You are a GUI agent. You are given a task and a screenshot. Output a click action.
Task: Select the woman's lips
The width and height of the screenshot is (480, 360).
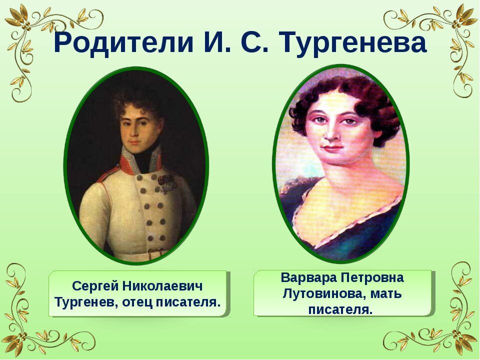332,148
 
